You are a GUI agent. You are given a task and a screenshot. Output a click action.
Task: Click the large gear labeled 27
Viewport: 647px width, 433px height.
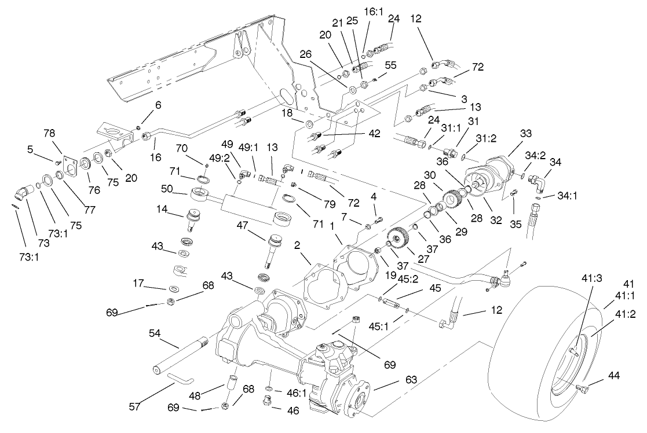pos(398,238)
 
